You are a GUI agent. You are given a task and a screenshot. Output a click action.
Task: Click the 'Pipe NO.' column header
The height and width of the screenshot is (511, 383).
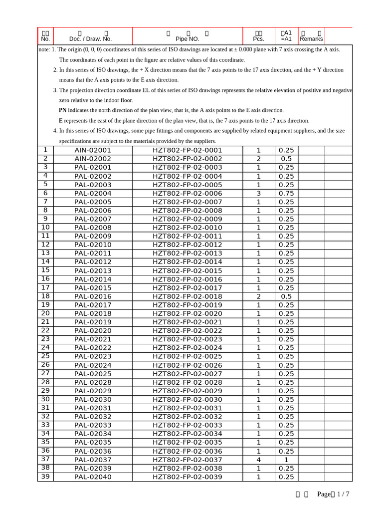187,38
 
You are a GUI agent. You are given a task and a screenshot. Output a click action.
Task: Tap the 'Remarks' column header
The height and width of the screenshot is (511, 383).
311,39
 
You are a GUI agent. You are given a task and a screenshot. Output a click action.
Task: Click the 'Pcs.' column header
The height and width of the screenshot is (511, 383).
258,38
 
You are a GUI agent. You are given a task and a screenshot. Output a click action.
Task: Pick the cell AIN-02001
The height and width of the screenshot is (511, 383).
93,150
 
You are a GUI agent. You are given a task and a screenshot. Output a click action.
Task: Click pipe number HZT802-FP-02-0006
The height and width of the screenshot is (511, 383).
187,193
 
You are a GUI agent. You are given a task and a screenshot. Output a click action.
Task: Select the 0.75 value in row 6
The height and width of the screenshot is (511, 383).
286,193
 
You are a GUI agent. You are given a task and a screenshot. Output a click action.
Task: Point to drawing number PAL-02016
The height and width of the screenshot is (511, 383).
93,296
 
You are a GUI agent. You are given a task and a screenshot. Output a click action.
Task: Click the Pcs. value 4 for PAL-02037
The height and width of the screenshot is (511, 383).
258,460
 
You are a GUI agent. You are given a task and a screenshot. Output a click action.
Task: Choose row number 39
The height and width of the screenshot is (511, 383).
45,477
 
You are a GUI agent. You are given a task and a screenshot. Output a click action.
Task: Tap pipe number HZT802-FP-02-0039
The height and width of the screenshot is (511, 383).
187,477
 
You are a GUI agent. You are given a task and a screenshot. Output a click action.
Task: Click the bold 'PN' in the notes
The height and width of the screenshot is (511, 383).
62,110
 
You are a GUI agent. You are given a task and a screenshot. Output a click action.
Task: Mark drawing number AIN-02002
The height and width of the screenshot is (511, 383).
93,159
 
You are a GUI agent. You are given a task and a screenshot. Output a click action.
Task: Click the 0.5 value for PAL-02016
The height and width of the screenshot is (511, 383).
286,296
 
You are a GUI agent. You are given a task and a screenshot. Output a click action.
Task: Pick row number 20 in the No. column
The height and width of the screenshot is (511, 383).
45,313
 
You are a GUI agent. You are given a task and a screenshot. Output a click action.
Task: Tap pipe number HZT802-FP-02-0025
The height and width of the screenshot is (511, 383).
187,356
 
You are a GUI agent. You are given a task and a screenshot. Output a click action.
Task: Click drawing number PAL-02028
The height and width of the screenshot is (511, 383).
93,382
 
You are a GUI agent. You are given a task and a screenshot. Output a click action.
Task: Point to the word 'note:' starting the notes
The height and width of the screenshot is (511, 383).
44,49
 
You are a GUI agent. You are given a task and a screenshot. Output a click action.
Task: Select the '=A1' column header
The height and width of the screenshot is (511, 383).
286,39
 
